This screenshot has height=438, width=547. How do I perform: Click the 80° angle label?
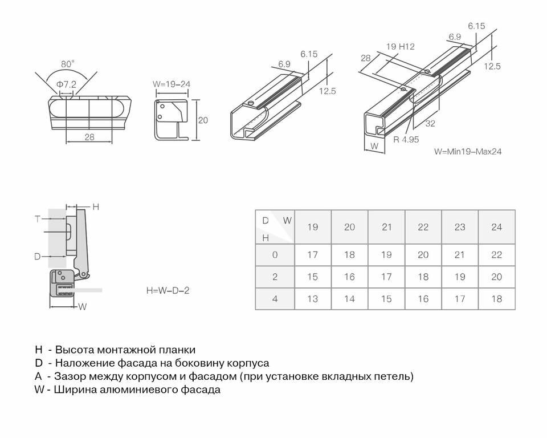(68, 64)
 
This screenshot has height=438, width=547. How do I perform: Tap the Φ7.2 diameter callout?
(66, 84)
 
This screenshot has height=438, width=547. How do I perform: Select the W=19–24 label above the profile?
(171, 84)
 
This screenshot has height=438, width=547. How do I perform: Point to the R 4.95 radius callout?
(406, 139)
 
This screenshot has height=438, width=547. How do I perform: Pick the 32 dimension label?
(430, 124)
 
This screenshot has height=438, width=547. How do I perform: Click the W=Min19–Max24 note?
(467, 152)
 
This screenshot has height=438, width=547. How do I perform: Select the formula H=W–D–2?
(168, 290)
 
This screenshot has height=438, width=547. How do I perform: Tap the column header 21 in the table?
(387, 227)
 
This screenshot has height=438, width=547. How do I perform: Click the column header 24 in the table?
(496, 227)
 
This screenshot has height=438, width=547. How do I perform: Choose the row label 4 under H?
(275, 299)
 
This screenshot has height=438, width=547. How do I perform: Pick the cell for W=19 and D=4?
(313, 299)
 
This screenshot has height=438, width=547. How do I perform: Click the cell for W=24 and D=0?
(496, 255)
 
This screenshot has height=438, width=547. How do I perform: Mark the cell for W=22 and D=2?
(423, 277)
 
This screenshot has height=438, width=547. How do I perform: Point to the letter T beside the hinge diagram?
(38, 218)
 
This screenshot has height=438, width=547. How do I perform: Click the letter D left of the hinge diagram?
(38, 257)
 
